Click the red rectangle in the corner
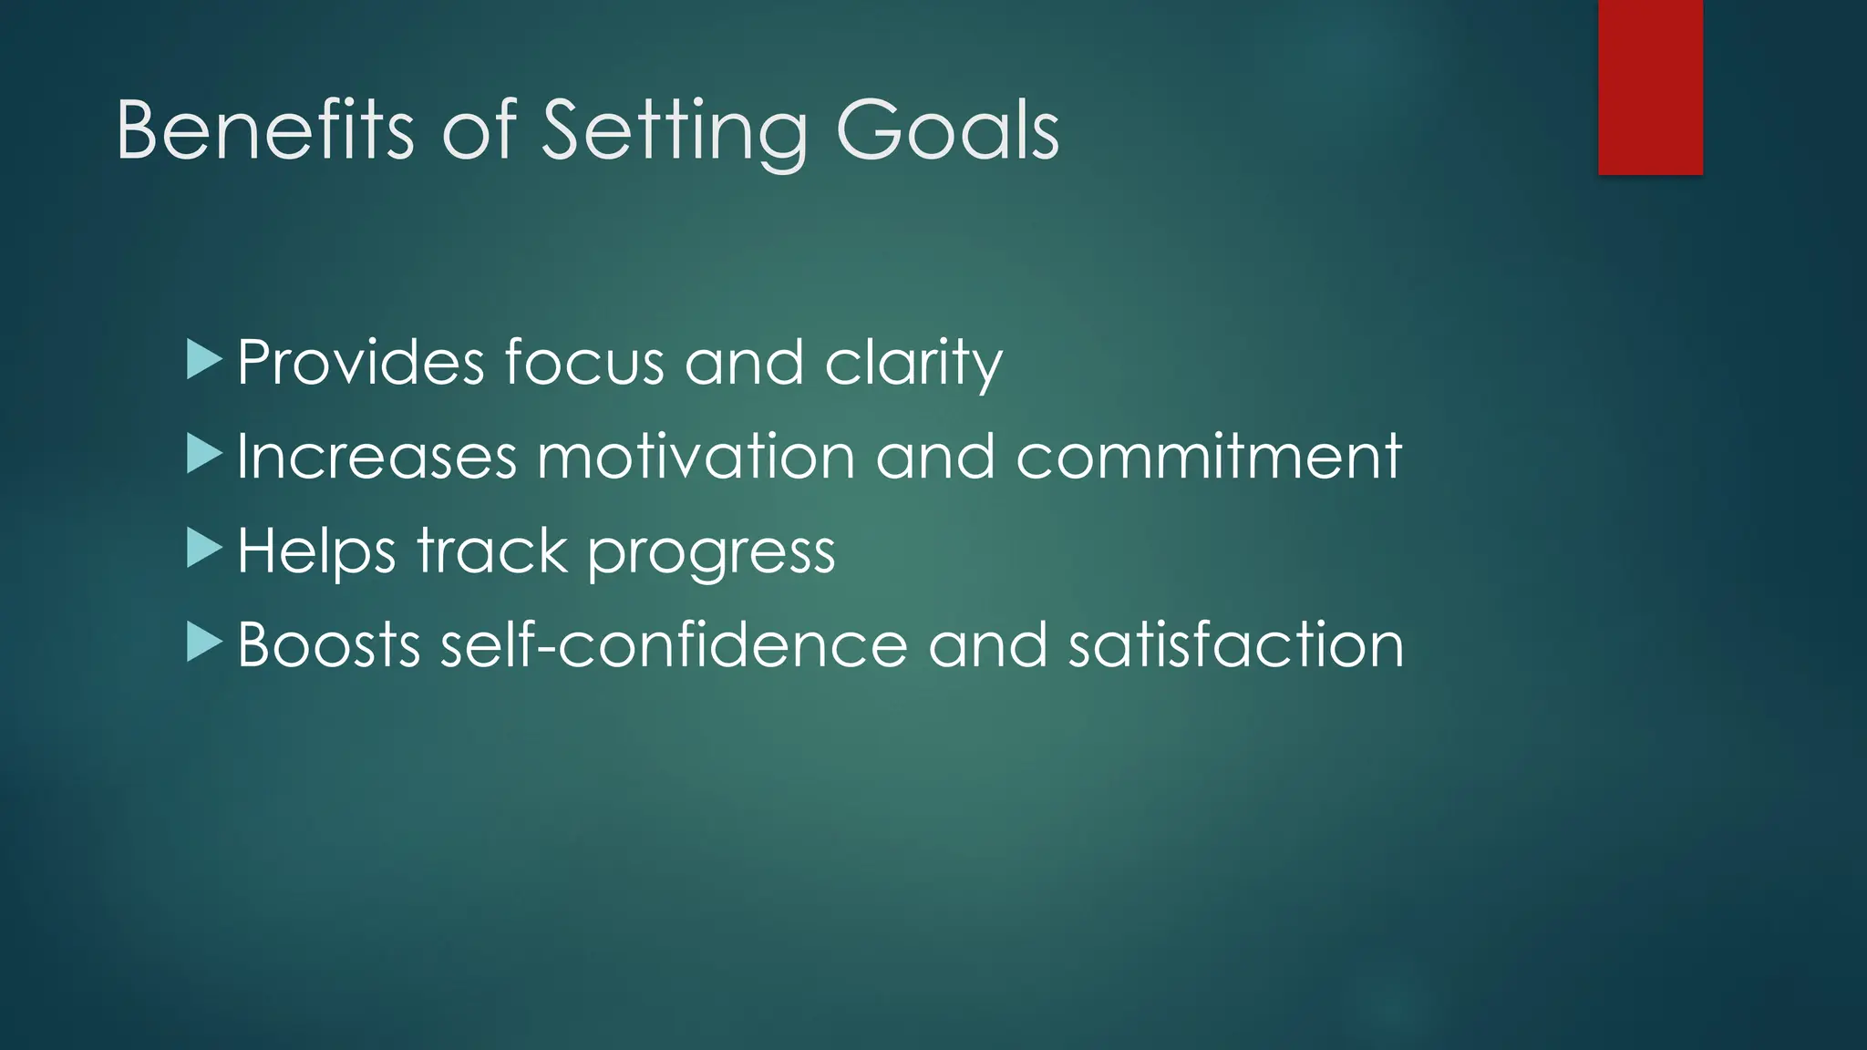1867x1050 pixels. [1650, 87]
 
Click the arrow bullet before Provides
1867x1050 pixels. [204, 360]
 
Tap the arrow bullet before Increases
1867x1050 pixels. [204, 454]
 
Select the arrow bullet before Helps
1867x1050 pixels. [204, 549]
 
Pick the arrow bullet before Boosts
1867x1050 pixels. [204, 643]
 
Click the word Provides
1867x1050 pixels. [360, 363]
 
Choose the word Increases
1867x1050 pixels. [376, 457]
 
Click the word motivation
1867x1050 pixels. [696, 457]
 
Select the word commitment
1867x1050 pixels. [1209, 457]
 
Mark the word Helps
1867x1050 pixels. [316, 551]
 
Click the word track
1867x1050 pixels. [492, 551]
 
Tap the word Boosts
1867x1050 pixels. [328, 645]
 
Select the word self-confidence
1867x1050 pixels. [674, 645]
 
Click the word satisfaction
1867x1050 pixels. [1236, 645]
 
